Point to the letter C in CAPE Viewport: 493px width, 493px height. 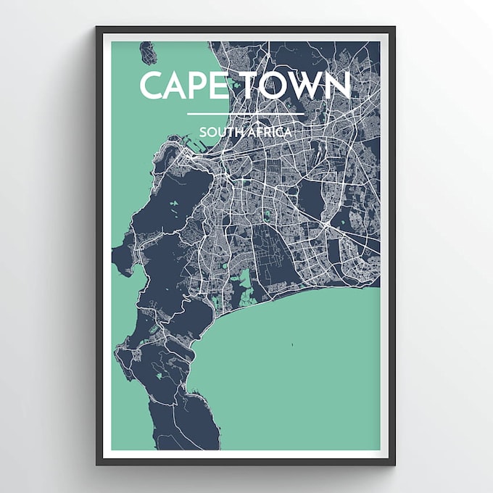[152, 86]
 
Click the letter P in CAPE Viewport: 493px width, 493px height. [199, 86]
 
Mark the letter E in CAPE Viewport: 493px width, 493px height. [219, 86]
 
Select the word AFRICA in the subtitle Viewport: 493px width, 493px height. [270, 133]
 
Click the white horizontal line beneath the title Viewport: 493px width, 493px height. [245, 114]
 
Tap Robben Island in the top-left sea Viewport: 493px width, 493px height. [149, 53]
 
